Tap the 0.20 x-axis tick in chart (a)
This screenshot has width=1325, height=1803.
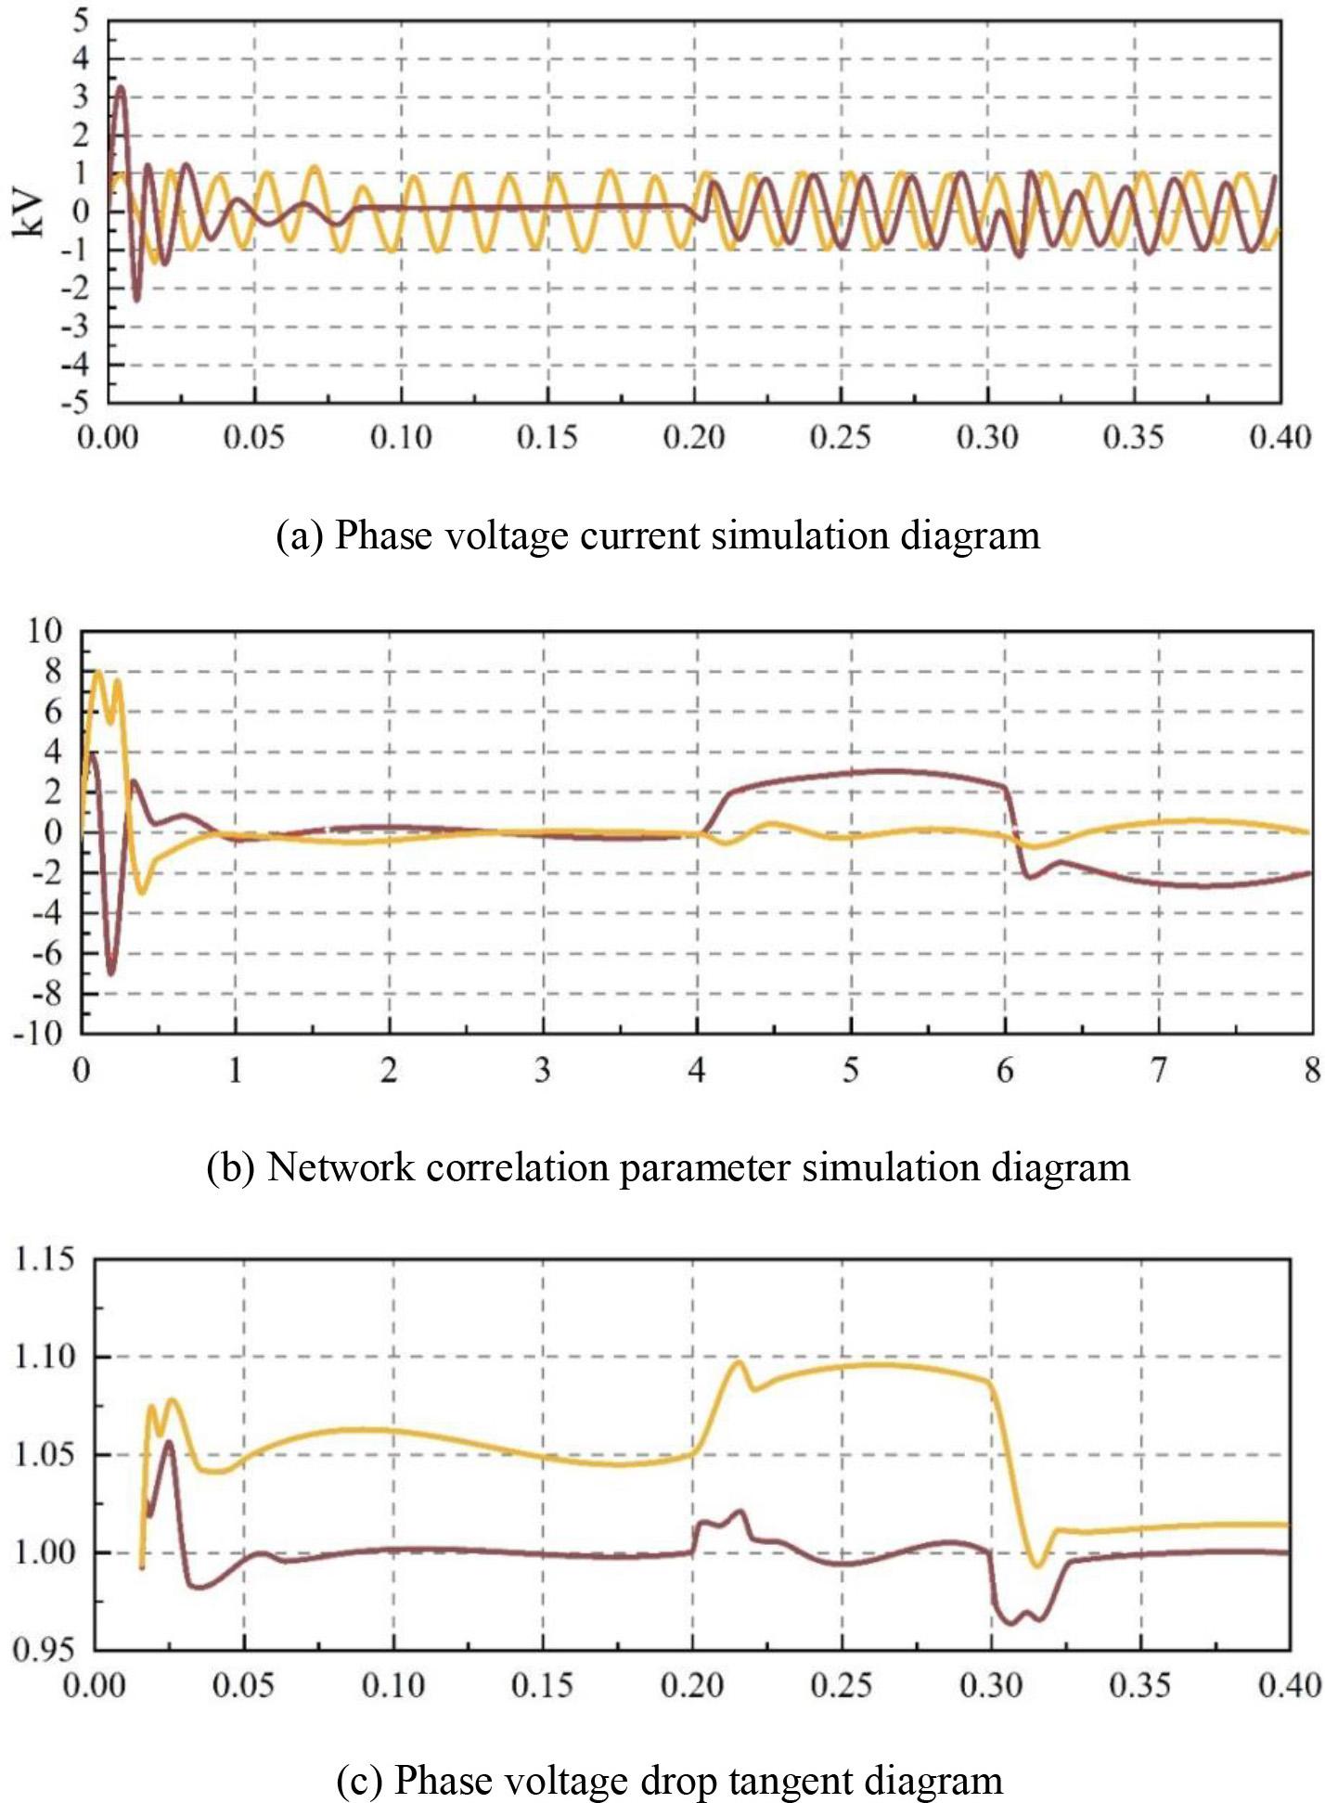click(x=693, y=437)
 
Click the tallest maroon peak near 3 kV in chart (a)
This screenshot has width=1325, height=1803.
click(x=120, y=88)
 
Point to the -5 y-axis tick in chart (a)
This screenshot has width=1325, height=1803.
click(x=80, y=403)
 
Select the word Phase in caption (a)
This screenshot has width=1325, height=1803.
click(x=371, y=536)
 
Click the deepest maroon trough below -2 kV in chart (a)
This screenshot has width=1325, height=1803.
click(x=136, y=300)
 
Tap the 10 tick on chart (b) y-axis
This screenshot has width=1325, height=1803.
click(x=45, y=632)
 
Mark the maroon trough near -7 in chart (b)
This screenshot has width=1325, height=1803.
click(x=111, y=973)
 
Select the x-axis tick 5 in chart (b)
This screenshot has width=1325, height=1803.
click(x=850, y=1071)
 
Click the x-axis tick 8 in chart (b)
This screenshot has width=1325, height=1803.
click(x=1311, y=1071)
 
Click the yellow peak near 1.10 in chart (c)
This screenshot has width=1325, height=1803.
click(x=739, y=1361)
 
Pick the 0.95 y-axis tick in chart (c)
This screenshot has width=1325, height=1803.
click(x=45, y=1649)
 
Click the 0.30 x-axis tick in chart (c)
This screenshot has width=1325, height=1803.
click(x=991, y=1684)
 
